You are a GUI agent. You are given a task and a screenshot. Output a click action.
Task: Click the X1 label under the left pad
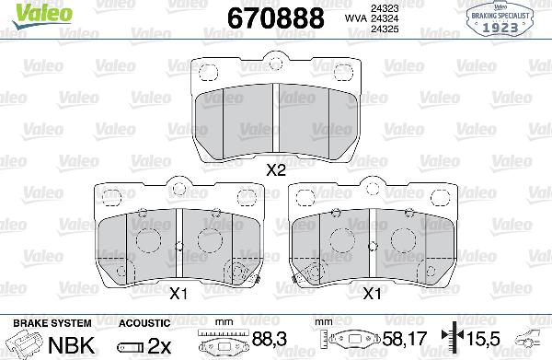pos(180,294)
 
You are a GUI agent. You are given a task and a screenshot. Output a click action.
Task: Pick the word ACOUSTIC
pos(144,323)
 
